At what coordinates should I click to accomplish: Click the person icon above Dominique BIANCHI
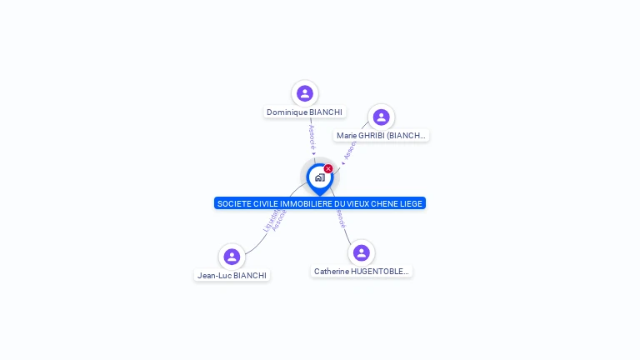pyautogui.click(x=305, y=93)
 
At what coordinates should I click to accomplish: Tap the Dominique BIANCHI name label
pyautogui.click(x=304, y=112)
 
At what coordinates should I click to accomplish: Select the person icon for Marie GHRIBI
pyautogui.click(x=381, y=117)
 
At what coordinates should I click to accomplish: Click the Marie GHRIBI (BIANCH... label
pyautogui.click(x=381, y=135)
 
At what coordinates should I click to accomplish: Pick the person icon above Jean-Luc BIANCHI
pyautogui.click(x=232, y=257)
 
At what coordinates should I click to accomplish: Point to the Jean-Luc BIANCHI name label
pyautogui.click(x=232, y=275)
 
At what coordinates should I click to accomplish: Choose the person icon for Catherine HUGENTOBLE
pyautogui.click(x=361, y=252)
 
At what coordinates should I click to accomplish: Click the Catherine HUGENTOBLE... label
pyautogui.click(x=362, y=271)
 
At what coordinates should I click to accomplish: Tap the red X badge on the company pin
pyautogui.click(x=328, y=169)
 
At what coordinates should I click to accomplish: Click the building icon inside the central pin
pyautogui.click(x=319, y=177)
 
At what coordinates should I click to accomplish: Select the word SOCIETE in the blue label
pyautogui.click(x=234, y=203)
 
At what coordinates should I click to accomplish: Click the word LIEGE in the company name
pyautogui.click(x=410, y=203)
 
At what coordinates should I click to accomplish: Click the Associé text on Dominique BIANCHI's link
pyautogui.click(x=312, y=137)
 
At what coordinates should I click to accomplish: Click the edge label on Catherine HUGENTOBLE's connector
pyautogui.click(x=341, y=219)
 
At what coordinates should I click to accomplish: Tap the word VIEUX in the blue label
pyautogui.click(x=353, y=203)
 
